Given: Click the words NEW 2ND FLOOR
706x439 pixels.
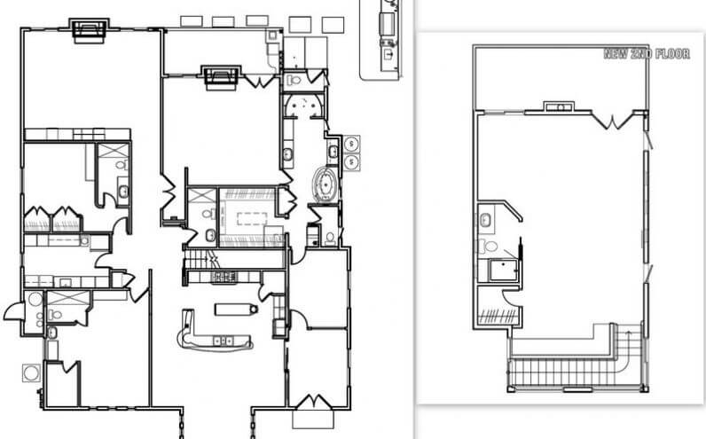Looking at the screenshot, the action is [646, 54].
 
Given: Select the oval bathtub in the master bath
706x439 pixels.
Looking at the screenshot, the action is [326, 184].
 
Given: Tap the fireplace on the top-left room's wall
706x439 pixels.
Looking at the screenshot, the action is [90, 31].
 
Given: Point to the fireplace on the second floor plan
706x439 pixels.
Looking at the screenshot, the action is [560, 107].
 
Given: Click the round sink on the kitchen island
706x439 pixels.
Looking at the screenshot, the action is [254, 310].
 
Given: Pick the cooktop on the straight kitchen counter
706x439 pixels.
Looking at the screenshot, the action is [224, 277].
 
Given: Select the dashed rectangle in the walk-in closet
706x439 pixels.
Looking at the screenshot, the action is [252, 218].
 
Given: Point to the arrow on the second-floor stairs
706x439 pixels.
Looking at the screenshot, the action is [629, 333].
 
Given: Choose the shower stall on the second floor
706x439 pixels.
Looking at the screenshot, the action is [504, 270].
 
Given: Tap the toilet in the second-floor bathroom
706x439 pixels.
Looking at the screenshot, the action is [488, 247].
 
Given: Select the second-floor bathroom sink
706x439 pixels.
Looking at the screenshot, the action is [485, 220].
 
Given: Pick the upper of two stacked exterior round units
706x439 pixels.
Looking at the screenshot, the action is [350, 144].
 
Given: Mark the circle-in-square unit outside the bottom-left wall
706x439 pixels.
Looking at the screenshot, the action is [31, 372].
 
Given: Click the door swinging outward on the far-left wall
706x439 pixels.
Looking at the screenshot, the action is [14, 311].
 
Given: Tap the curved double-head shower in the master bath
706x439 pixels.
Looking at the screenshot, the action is [303, 106].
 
